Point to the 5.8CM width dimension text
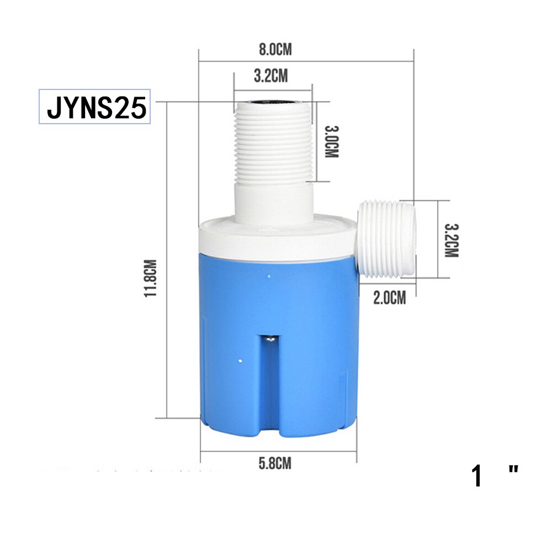[275, 463]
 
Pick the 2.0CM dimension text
[389, 298]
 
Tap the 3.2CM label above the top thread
[270, 76]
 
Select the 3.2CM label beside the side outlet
[452, 241]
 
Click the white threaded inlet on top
[273, 144]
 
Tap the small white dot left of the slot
[241, 361]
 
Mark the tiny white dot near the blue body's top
[269, 274]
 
